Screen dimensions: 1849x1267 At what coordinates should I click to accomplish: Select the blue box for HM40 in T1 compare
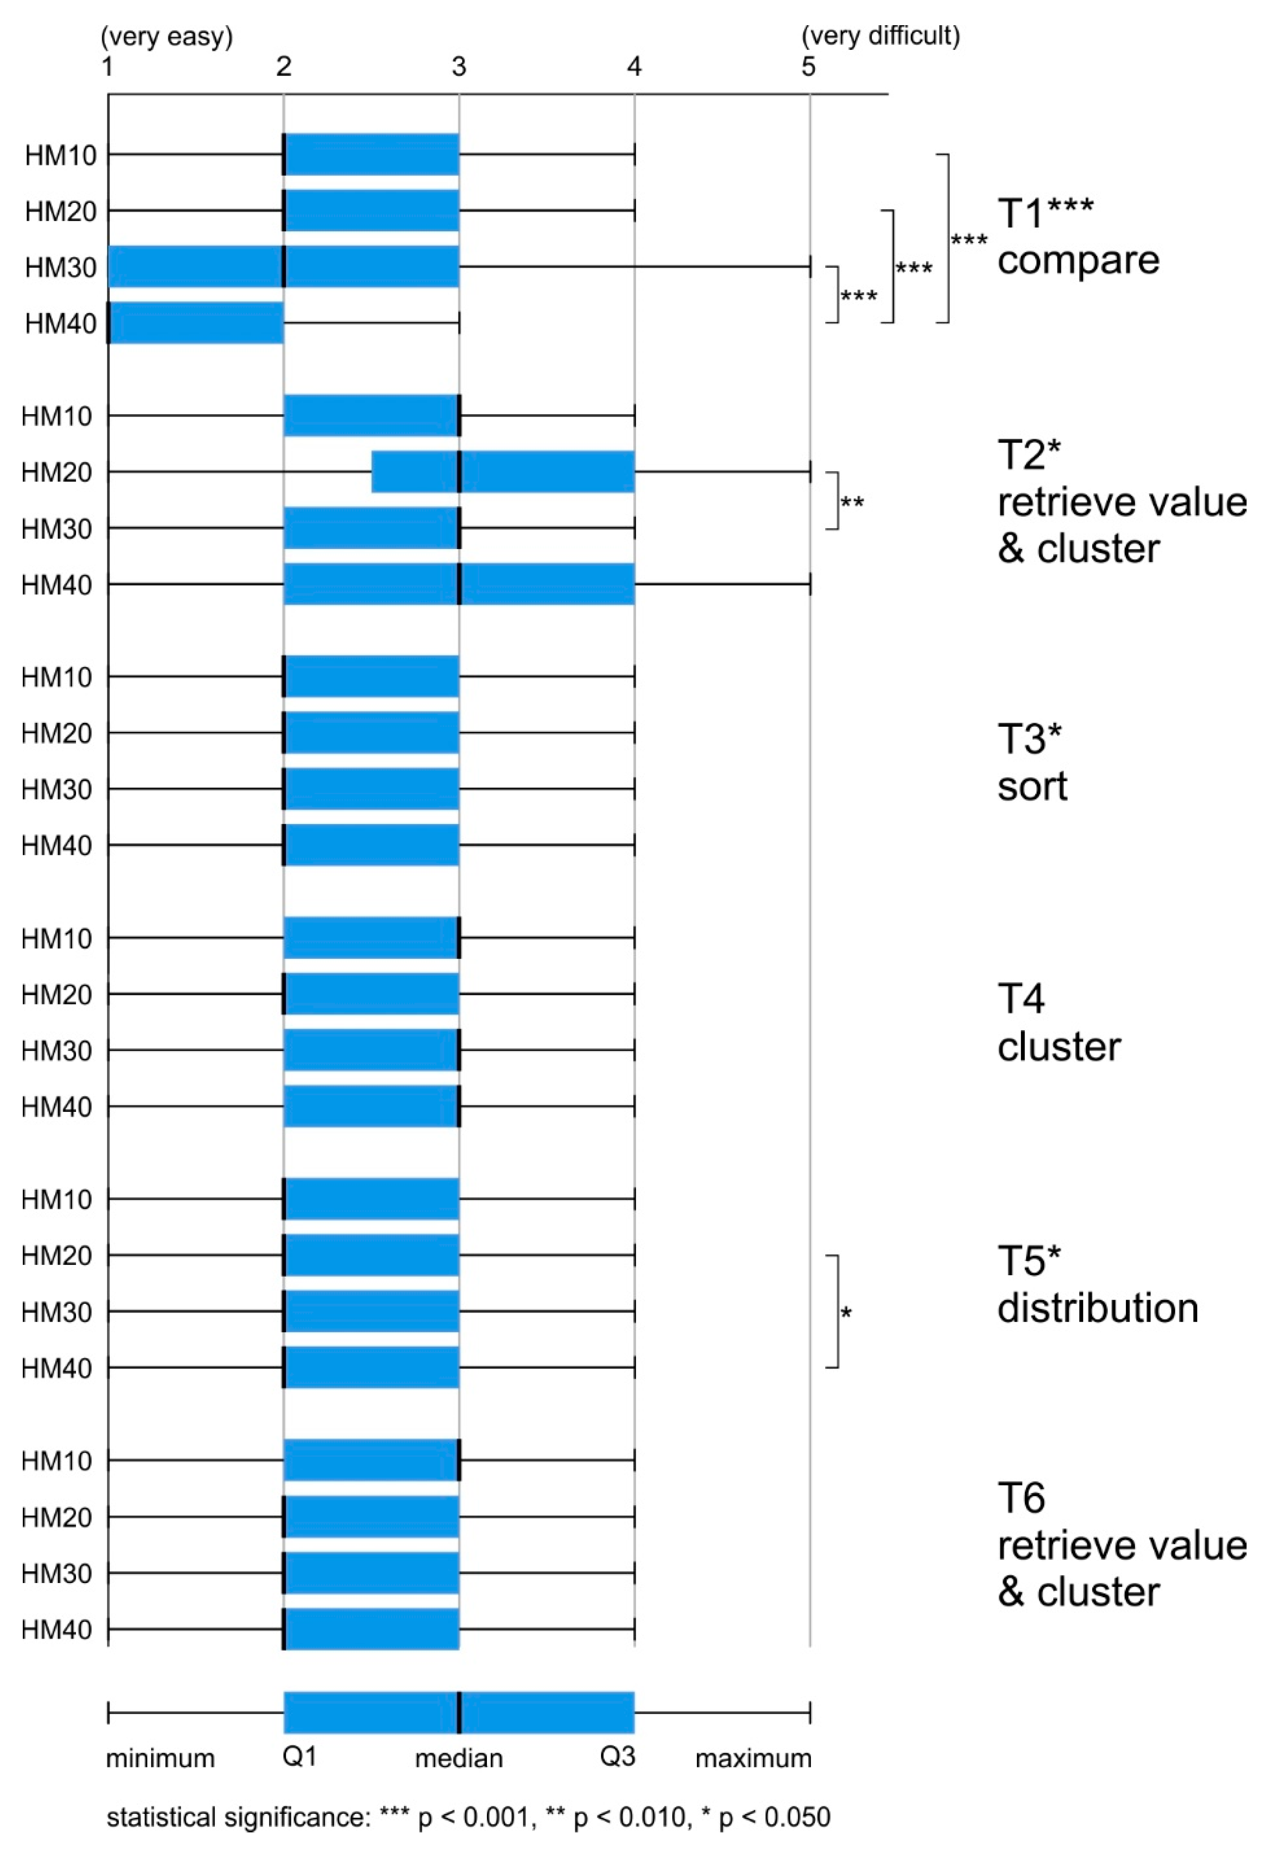[x=196, y=323]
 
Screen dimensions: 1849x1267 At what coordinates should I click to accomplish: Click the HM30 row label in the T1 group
[x=60, y=267]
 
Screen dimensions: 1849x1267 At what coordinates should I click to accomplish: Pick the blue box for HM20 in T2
[x=503, y=472]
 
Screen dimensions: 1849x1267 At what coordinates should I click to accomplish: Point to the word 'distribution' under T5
[x=1097, y=1309]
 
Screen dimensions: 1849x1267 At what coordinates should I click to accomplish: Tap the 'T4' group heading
[x=1020, y=998]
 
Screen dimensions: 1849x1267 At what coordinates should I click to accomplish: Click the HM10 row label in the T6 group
[x=57, y=1461]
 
